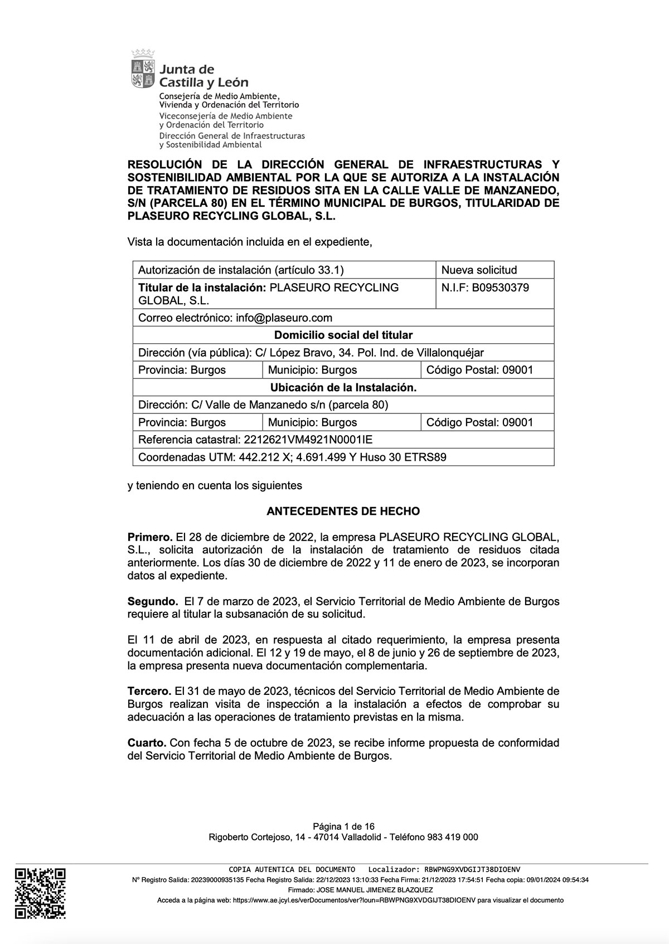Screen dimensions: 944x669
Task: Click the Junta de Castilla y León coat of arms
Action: tap(143, 69)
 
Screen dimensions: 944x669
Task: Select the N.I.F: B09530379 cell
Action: tap(485, 288)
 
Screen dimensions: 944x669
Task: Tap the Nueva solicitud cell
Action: tap(479, 270)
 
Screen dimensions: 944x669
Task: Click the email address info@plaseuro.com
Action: tap(284, 318)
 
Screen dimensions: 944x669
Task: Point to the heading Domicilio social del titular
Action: tap(343, 335)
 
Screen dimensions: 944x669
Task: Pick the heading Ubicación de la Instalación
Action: tap(343, 387)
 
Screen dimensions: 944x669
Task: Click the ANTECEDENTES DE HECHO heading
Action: tap(343, 511)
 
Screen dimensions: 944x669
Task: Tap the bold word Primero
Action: tap(150, 537)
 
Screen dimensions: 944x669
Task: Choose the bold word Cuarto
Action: tap(147, 743)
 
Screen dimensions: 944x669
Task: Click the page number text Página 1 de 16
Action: tap(343, 826)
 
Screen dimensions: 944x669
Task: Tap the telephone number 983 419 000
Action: tap(452, 837)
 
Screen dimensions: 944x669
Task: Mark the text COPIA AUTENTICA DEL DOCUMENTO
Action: tap(292, 869)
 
